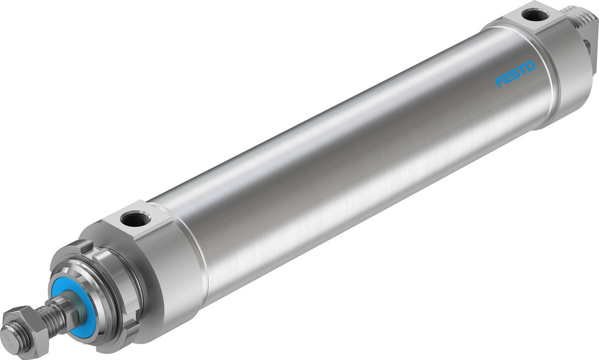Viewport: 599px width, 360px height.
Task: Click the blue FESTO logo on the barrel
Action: click(x=515, y=73)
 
